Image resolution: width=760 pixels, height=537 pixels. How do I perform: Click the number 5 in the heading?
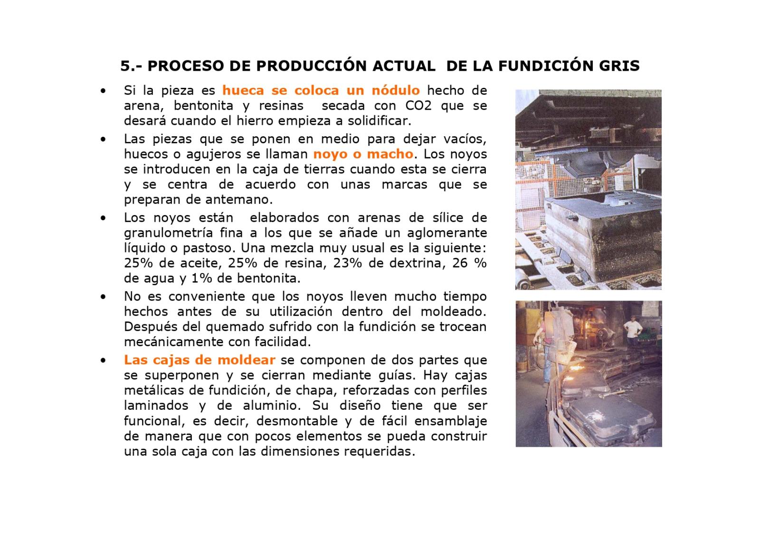125,66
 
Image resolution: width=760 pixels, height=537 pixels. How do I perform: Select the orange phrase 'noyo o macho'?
363,154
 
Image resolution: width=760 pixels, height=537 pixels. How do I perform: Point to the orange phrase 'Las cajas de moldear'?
199,360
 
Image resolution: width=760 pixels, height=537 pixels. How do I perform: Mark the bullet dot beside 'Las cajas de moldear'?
102,360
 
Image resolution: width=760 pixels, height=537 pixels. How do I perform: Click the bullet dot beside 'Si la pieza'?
102,91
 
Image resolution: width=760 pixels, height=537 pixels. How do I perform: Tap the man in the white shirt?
631,330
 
